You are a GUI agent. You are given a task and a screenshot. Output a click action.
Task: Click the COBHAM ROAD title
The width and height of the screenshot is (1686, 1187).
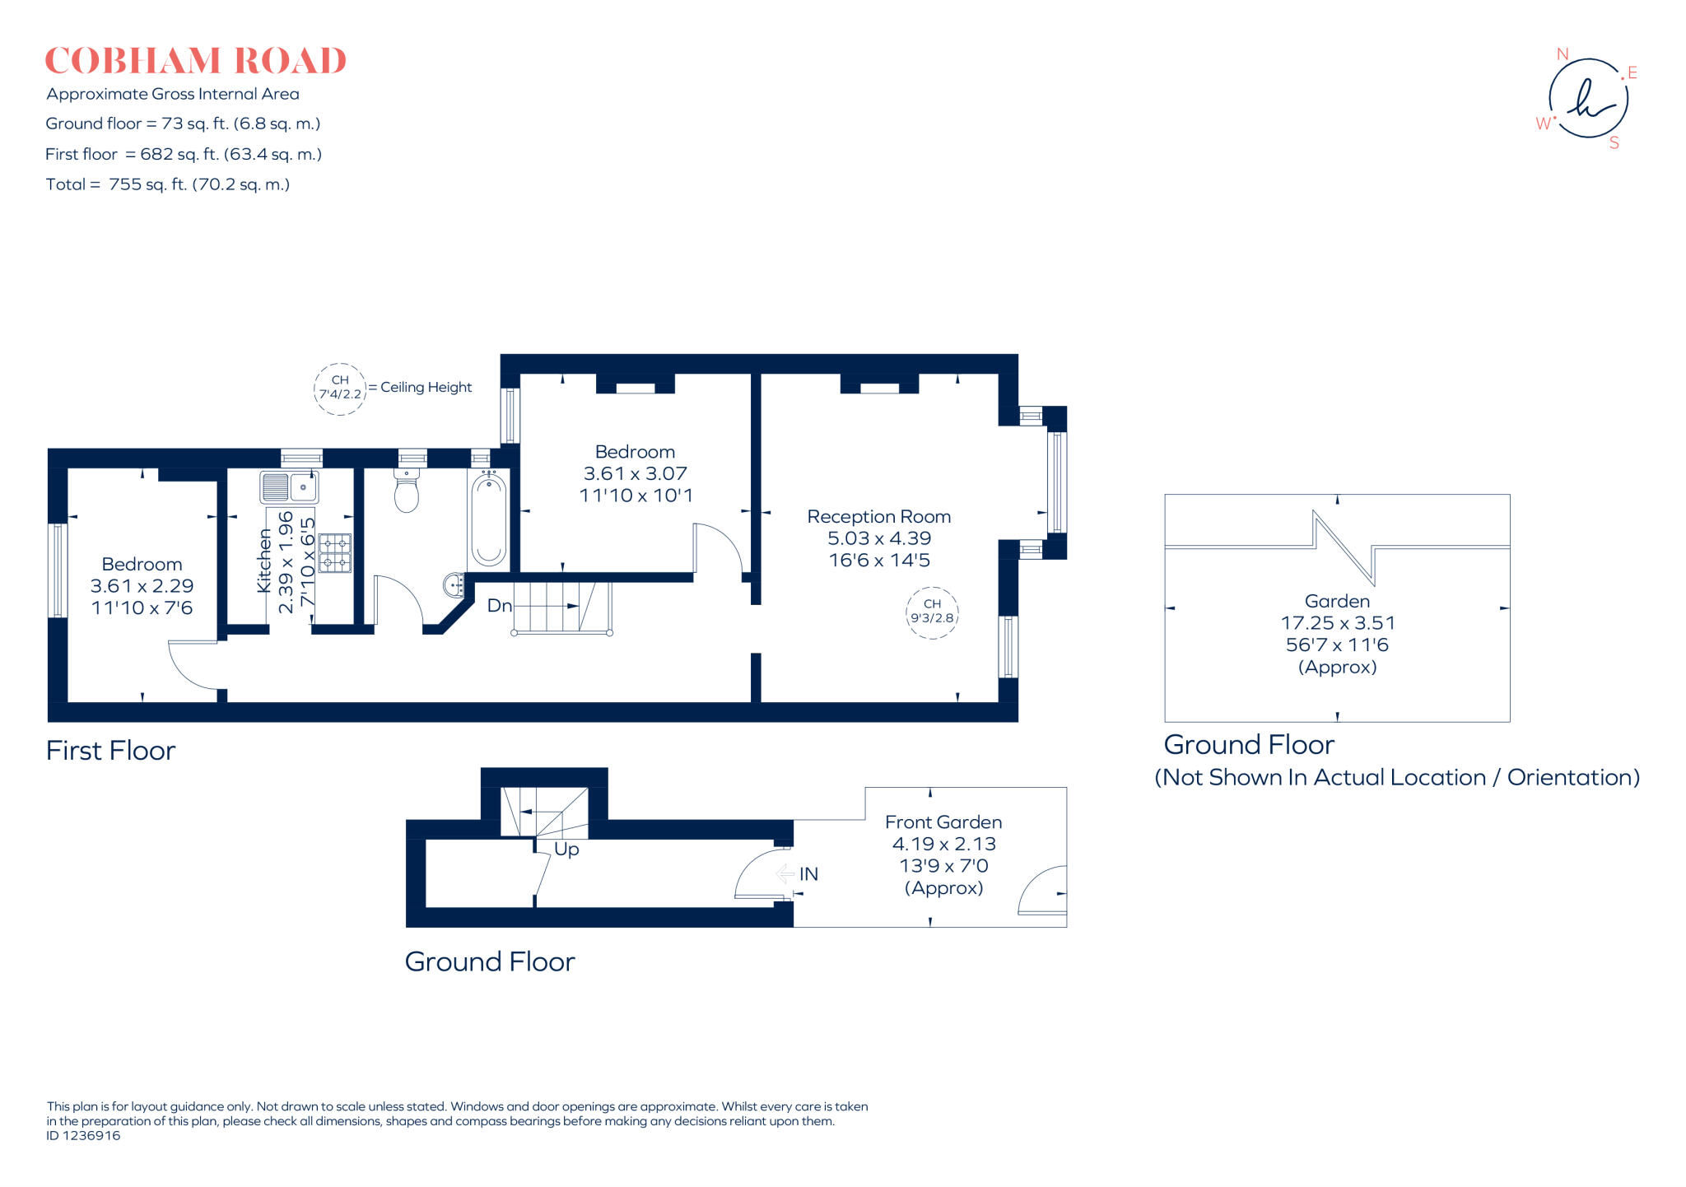click(195, 61)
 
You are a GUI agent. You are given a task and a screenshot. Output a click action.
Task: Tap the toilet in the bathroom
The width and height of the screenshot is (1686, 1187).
click(407, 492)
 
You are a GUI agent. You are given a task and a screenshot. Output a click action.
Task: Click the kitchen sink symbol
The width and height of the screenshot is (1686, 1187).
click(289, 487)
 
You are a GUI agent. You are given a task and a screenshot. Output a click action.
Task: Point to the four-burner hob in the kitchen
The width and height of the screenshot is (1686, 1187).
click(335, 553)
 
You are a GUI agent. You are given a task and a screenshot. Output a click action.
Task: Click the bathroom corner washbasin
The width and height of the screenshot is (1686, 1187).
click(454, 585)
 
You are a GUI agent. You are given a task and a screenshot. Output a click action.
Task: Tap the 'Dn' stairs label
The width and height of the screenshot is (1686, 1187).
click(499, 606)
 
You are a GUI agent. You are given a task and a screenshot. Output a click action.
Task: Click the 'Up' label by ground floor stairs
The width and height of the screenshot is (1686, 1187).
click(566, 849)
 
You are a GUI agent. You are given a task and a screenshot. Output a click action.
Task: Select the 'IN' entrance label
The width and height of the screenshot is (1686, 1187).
click(808, 874)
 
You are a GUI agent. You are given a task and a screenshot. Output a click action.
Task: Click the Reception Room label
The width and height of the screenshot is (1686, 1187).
click(878, 517)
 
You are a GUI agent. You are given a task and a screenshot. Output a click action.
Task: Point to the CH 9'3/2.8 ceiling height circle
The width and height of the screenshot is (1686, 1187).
click(932, 612)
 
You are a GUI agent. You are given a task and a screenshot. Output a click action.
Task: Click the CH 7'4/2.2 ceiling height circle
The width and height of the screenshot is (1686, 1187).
click(340, 389)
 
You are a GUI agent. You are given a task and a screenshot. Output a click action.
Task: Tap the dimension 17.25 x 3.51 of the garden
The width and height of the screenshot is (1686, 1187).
click(1337, 623)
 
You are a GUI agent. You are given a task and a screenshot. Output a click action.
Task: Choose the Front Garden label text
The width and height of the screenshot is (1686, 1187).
click(943, 822)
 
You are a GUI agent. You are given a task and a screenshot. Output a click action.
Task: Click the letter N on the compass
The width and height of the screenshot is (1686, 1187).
click(1562, 54)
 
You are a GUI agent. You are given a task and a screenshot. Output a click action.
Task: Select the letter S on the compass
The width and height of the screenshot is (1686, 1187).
click(1614, 143)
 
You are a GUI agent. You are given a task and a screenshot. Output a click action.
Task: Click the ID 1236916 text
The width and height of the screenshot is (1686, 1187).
click(83, 1136)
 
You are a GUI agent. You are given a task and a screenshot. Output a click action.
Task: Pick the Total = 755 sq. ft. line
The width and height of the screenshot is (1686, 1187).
click(168, 184)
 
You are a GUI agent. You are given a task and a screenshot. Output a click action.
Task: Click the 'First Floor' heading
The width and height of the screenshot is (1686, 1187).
click(110, 751)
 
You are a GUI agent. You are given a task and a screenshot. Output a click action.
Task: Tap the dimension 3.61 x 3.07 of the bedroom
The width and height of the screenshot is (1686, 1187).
click(635, 473)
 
